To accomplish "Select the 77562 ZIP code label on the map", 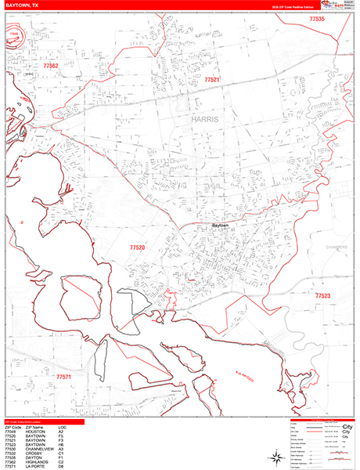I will (x=51, y=67).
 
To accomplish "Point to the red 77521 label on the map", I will (x=212, y=80).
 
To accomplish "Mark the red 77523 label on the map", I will (x=322, y=295).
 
